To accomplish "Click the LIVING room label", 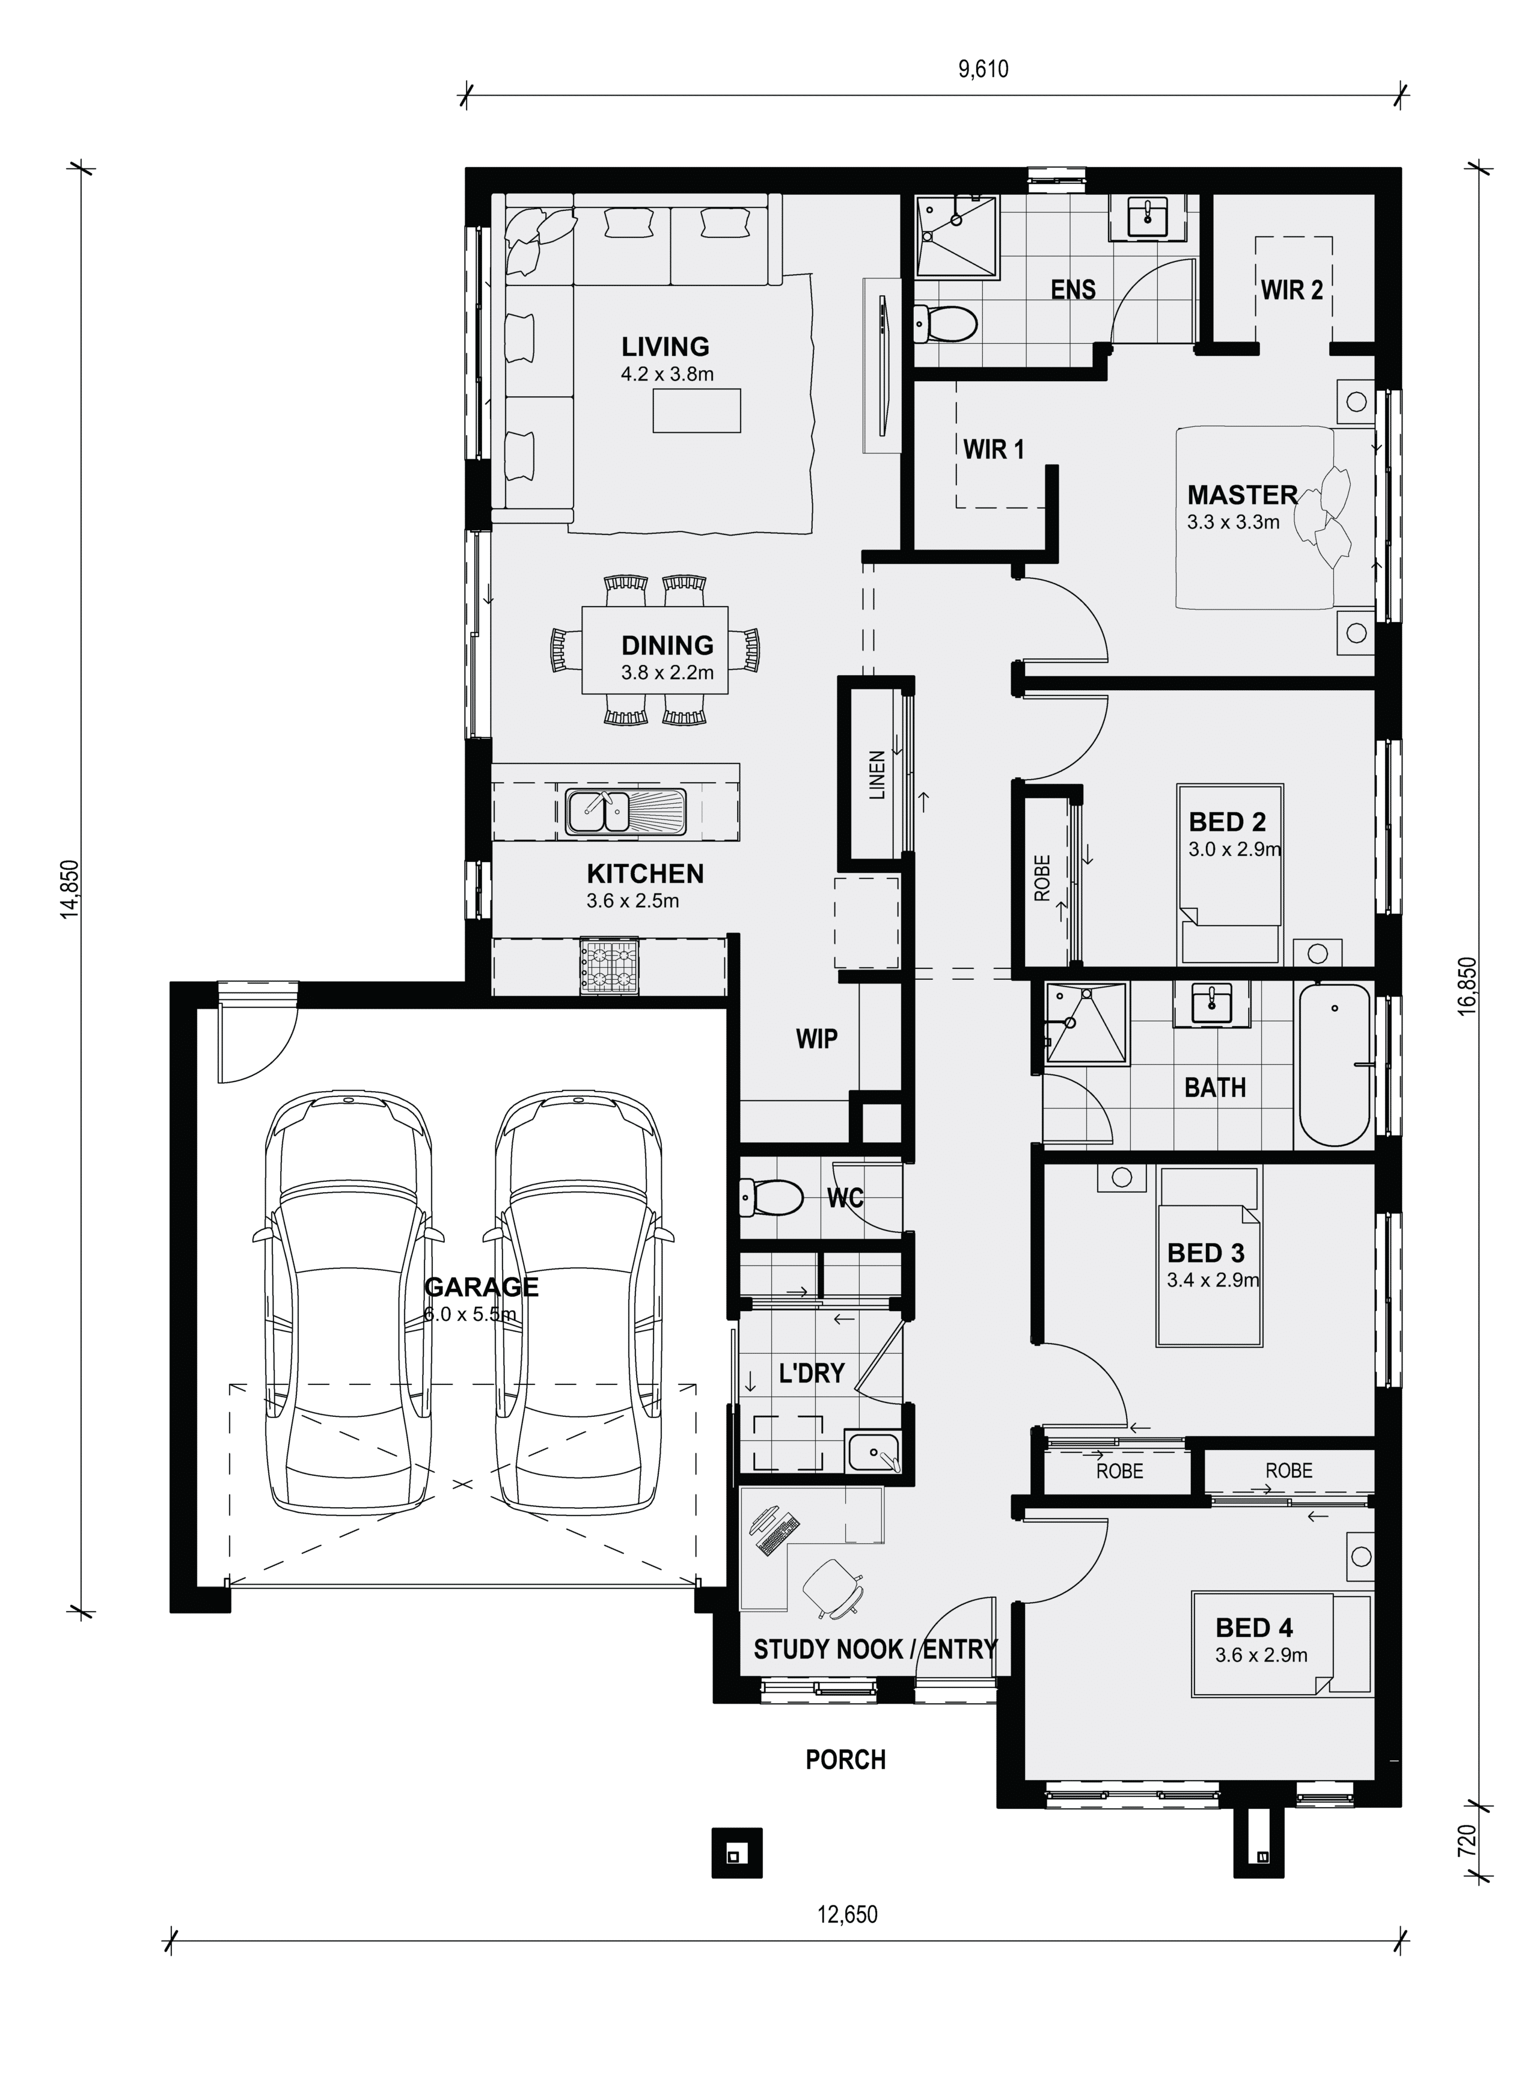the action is click(665, 346).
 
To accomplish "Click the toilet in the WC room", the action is click(771, 1197).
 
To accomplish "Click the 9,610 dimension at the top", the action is click(984, 69).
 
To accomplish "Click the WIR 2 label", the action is click(1292, 290).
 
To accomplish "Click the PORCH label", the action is click(846, 1760).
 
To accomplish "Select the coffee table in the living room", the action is click(697, 411).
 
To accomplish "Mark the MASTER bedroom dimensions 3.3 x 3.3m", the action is click(1232, 522).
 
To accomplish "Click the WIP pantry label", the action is click(816, 1039).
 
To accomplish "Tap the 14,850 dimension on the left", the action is click(70, 890).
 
